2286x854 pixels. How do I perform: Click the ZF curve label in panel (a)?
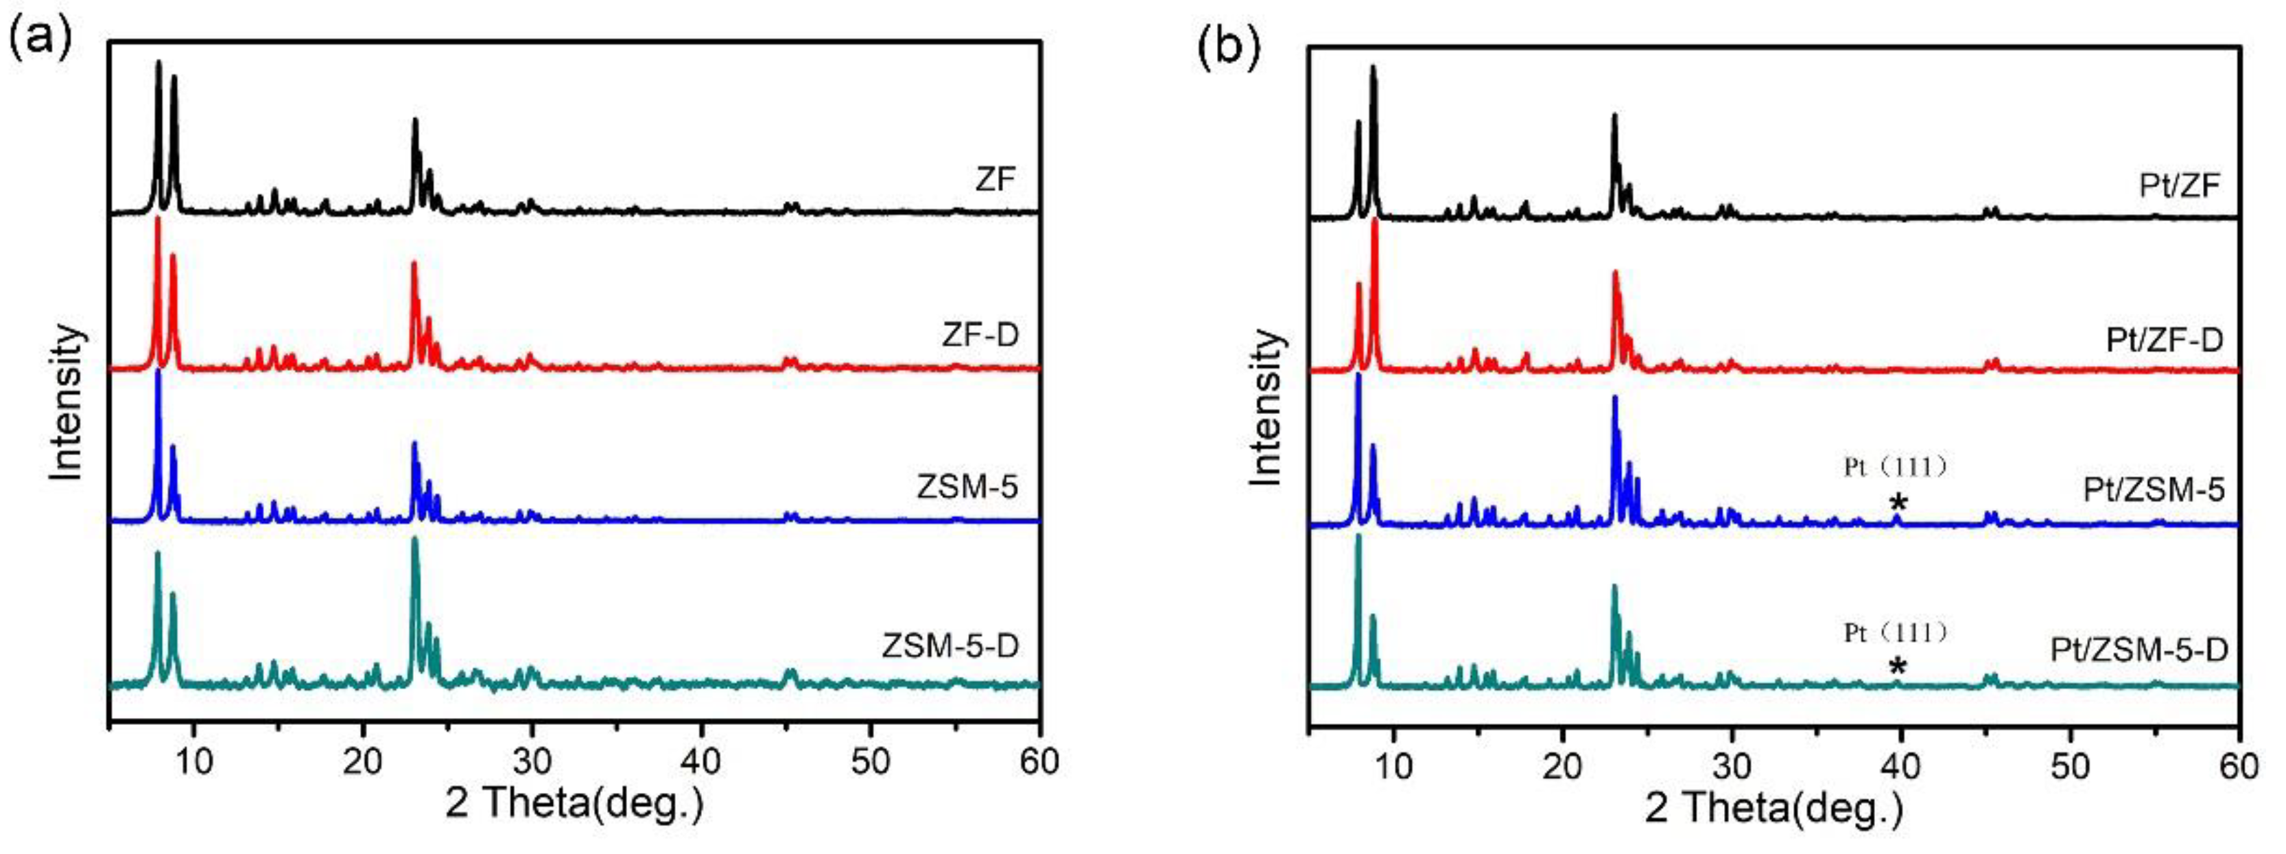coord(994,181)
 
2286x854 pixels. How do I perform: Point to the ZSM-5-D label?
coord(950,645)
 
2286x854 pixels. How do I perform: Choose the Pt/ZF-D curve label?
coord(2165,340)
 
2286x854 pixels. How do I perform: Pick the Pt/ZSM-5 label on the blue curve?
coord(2153,489)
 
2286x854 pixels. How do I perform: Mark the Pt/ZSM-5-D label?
coord(2138,651)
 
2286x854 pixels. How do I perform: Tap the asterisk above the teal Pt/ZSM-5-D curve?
coord(1896,667)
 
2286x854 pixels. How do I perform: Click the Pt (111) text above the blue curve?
coord(1895,467)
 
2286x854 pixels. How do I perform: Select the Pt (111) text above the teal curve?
coord(1895,632)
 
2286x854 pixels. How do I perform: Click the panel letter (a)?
coord(38,43)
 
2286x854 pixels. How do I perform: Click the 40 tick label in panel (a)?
coord(701,762)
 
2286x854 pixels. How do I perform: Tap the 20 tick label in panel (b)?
coord(1563,765)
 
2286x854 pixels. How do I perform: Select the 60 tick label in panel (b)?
coord(2239,765)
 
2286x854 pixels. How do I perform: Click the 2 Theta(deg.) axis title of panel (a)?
coord(574,803)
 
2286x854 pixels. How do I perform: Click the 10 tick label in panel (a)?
coord(194,762)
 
